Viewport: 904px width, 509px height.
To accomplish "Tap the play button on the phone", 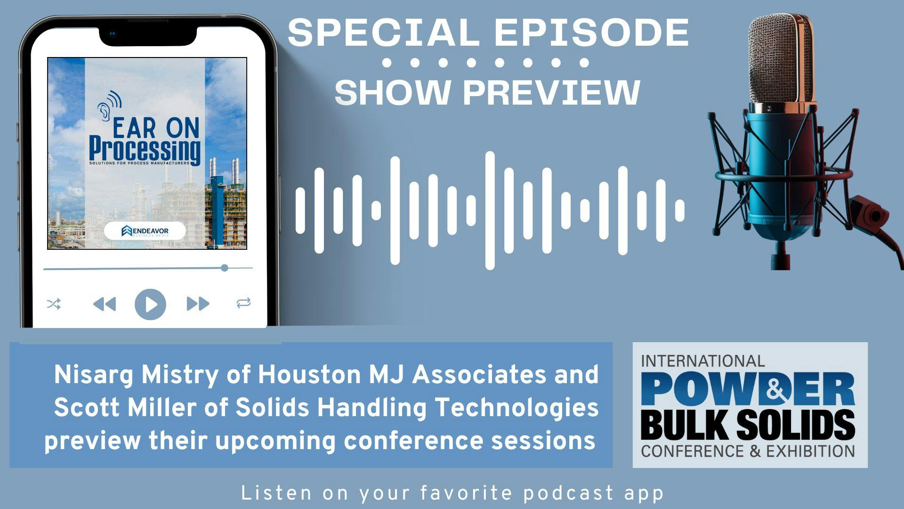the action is pyautogui.click(x=150, y=304).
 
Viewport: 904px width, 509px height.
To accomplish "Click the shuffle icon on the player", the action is pyautogui.click(x=54, y=304).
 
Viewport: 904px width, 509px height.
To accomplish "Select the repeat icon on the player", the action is pyautogui.click(x=243, y=303).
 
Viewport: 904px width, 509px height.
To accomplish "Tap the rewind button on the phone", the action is pyautogui.click(x=105, y=304).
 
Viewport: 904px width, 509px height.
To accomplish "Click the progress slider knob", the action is pyautogui.click(x=225, y=268).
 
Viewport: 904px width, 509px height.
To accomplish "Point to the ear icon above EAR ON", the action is pyautogui.click(x=109, y=104).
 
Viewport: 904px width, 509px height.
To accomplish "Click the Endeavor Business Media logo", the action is pyautogui.click(x=145, y=231).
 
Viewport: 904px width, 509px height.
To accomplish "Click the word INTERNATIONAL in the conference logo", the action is pyautogui.click(x=702, y=361).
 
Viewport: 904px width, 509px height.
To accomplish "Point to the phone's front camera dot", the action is pyautogui.click(x=112, y=34).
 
